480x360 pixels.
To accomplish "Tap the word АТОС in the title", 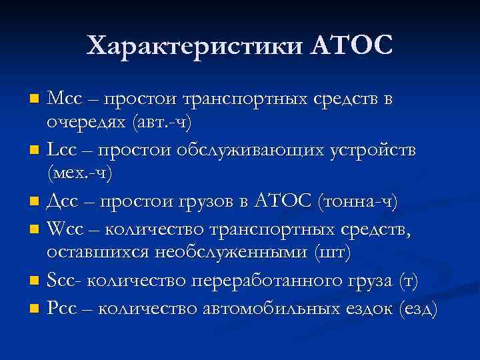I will [x=350, y=47].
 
